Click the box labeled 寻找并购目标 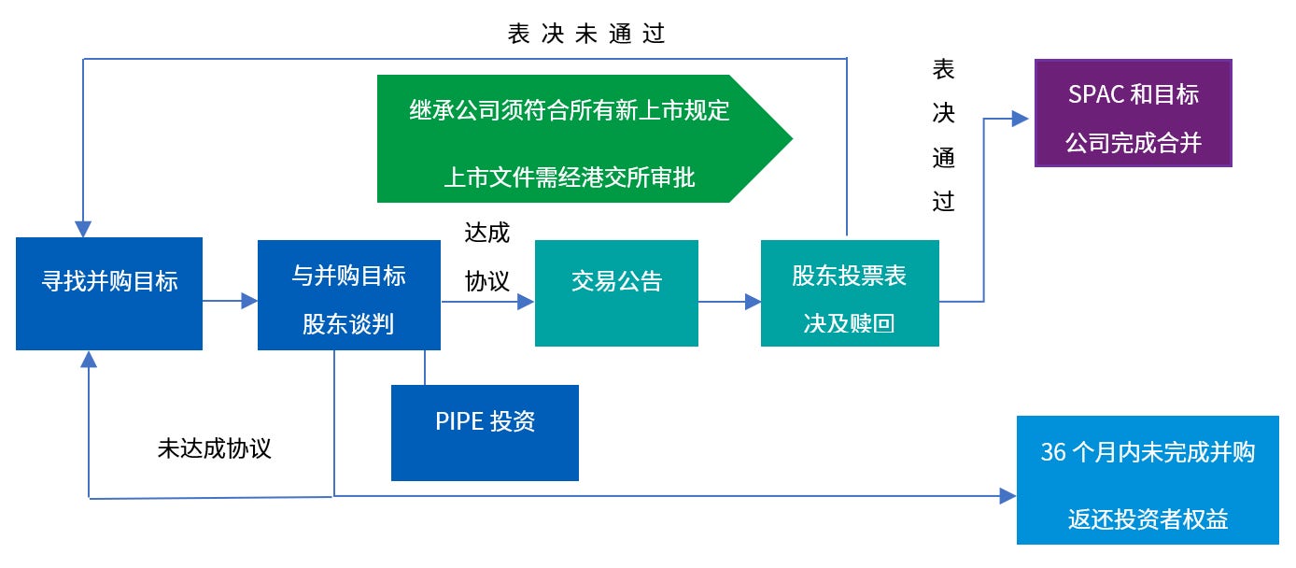point(109,293)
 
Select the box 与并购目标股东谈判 point(348,295)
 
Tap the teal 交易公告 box point(616,293)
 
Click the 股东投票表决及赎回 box point(850,293)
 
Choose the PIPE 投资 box point(485,433)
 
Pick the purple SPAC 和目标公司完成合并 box point(1133,113)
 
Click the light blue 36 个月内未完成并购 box point(1148,480)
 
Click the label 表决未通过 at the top point(585,34)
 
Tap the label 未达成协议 point(215,448)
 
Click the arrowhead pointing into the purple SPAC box point(1021,119)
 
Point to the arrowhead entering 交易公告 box point(526,302)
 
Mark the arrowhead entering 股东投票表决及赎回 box point(753,302)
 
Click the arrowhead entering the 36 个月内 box point(1007,496)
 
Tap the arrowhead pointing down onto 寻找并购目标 point(83,230)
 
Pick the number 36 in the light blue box point(1052,452)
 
